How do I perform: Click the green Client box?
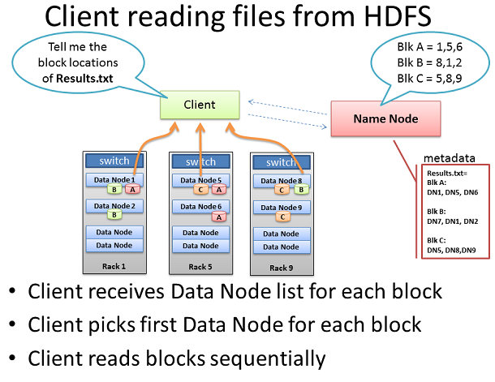[x=200, y=105]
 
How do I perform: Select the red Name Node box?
[x=385, y=118]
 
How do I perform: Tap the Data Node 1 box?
[x=114, y=180]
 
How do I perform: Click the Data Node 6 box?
[x=200, y=207]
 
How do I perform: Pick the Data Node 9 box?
[x=282, y=208]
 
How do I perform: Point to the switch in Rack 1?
[x=114, y=161]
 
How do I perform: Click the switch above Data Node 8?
[x=282, y=162]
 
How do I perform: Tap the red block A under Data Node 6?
[x=219, y=217]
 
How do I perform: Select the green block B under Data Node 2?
[x=114, y=215]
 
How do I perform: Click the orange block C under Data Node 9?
[x=282, y=217]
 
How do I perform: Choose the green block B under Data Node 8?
[x=301, y=190]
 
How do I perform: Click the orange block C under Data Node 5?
[x=200, y=190]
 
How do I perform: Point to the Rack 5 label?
[x=200, y=267]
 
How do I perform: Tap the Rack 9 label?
[x=282, y=268]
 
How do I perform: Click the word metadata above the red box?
[x=450, y=158]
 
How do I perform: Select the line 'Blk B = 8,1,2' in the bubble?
[x=429, y=62]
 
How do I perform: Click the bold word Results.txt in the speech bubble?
[x=84, y=78]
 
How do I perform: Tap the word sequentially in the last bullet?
[x=267, y=358]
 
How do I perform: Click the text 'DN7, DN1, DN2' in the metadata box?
[x=452, y=221]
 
